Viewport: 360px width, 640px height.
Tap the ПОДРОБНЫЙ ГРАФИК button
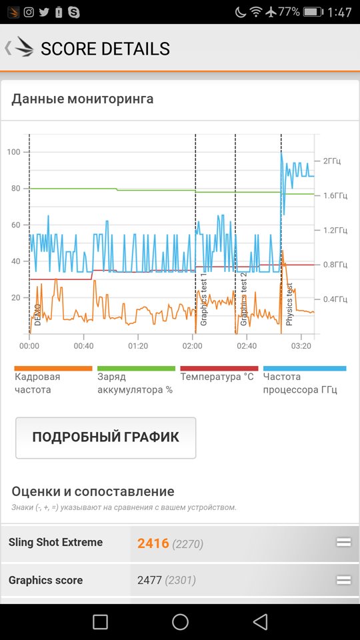(105, 437)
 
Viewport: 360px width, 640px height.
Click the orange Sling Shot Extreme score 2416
(153, 543)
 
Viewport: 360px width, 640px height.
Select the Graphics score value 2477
(149, 580)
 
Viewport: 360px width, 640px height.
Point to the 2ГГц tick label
(332, 161)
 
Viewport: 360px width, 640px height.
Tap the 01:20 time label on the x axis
(138, 346)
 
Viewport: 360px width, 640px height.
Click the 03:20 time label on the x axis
(301, 346)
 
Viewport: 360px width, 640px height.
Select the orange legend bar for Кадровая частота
(53, 368)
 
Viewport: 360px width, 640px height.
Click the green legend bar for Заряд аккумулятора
(136, 368)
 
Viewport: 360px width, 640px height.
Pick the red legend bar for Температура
(219, 368)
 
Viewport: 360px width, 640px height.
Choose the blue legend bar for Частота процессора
(305, 368)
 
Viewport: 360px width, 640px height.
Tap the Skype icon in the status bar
(74, 12)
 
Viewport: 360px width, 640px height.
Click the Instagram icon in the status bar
(29, 12)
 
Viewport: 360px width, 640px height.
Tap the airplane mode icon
(271, 12)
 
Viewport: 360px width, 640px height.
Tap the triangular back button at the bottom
(260, 621)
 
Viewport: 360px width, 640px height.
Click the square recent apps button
(100, 622)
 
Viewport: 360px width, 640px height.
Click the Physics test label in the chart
(289, 305)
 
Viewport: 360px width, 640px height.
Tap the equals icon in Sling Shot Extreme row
(343, 542)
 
